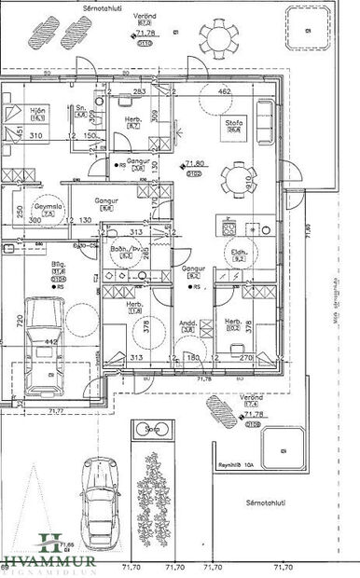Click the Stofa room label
pos(233,123)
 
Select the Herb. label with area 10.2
pos(232,323)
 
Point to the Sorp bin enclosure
pos(148,430)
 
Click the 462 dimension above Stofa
pos(223,92)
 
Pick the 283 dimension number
pos(138,92)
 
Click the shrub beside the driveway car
pos(151,492)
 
